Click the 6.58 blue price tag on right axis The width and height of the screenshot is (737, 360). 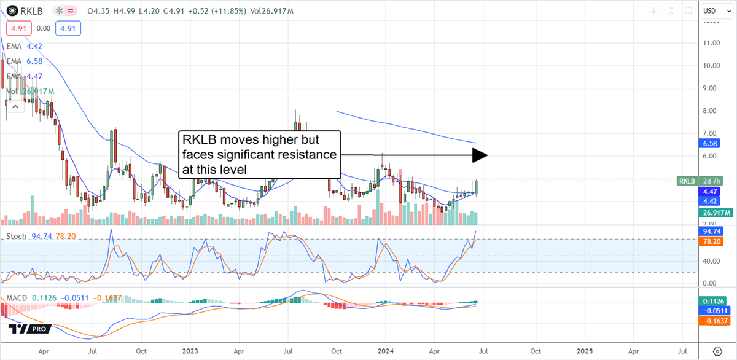click(709, 143)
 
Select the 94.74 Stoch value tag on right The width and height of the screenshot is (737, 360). click(710, 231)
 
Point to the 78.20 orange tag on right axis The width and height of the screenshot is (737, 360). click(710, 242)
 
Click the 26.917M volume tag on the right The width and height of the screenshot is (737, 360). click(714, 213)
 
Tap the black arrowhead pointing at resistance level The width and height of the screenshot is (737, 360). click(479, 155)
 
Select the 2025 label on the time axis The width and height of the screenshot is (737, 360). click(584, 351)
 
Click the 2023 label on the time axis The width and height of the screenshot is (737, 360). click(190, 351)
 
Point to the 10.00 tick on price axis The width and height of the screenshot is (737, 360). click(711, 66)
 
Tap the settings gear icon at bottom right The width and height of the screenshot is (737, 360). click(717, 351)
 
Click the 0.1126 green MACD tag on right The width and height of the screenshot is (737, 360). click(712, 301)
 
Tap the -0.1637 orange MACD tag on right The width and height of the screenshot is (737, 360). click(712, 321)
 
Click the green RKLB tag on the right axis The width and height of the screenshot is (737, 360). click(687, 181)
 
